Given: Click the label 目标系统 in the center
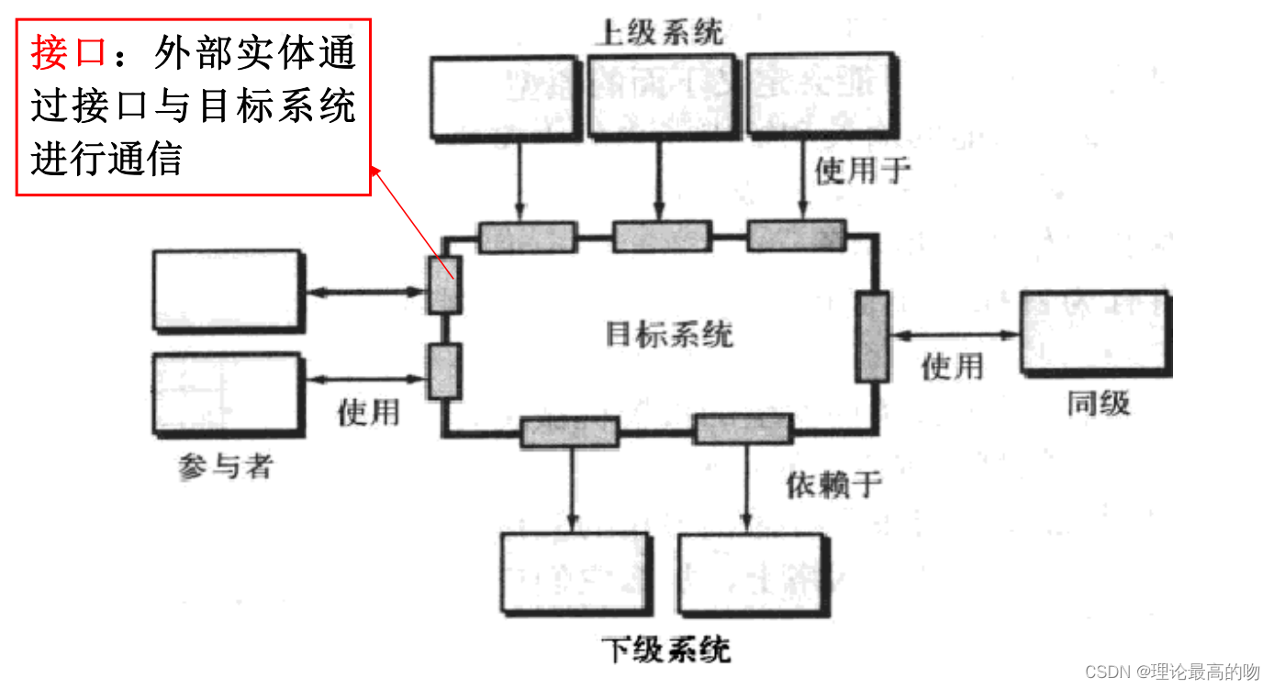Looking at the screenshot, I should [x=669, y=334].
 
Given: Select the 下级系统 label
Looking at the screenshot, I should [x=666, y=650].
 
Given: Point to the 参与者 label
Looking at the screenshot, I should [x=225, y=467].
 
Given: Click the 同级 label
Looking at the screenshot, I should [x=1098, y=403].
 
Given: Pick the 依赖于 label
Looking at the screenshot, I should [x=833, y=484].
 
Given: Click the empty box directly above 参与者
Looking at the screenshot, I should [x=228, y=394].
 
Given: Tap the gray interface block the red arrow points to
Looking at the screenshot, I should [x=445, y=285].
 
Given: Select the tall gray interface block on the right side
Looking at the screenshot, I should [x=872, y=337].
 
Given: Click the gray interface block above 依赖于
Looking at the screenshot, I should [x=742, y=428].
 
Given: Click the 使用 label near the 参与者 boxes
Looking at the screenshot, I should [x=368, y=412].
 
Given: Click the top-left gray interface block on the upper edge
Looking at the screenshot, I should [x=527, y=237].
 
